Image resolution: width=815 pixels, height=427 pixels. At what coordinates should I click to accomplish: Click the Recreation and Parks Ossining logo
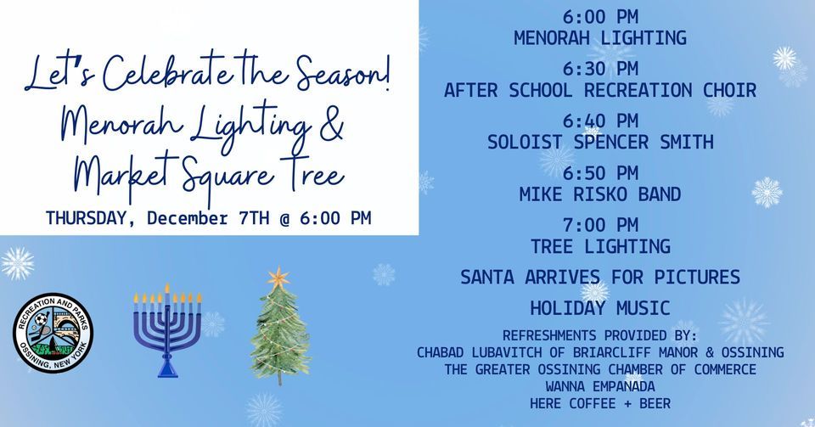[53, 332]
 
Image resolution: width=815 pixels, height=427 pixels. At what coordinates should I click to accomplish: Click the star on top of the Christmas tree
[278, 277]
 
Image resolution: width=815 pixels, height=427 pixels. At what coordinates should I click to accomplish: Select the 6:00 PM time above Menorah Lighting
[599, 17]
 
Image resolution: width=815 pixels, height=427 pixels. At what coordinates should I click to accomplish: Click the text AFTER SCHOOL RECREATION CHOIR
[599, 89]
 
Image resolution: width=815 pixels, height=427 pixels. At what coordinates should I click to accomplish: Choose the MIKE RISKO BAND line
[599, 194]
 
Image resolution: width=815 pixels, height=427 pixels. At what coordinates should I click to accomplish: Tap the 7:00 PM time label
[599, 226]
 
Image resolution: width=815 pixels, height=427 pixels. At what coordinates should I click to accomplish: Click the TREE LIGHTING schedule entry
[599, 246]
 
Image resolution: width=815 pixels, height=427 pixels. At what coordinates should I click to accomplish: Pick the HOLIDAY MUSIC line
[599, 307]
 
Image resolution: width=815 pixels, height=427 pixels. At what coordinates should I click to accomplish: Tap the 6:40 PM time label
[599, 121]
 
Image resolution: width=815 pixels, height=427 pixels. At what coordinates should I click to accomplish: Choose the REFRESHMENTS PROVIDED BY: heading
[599, 334]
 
